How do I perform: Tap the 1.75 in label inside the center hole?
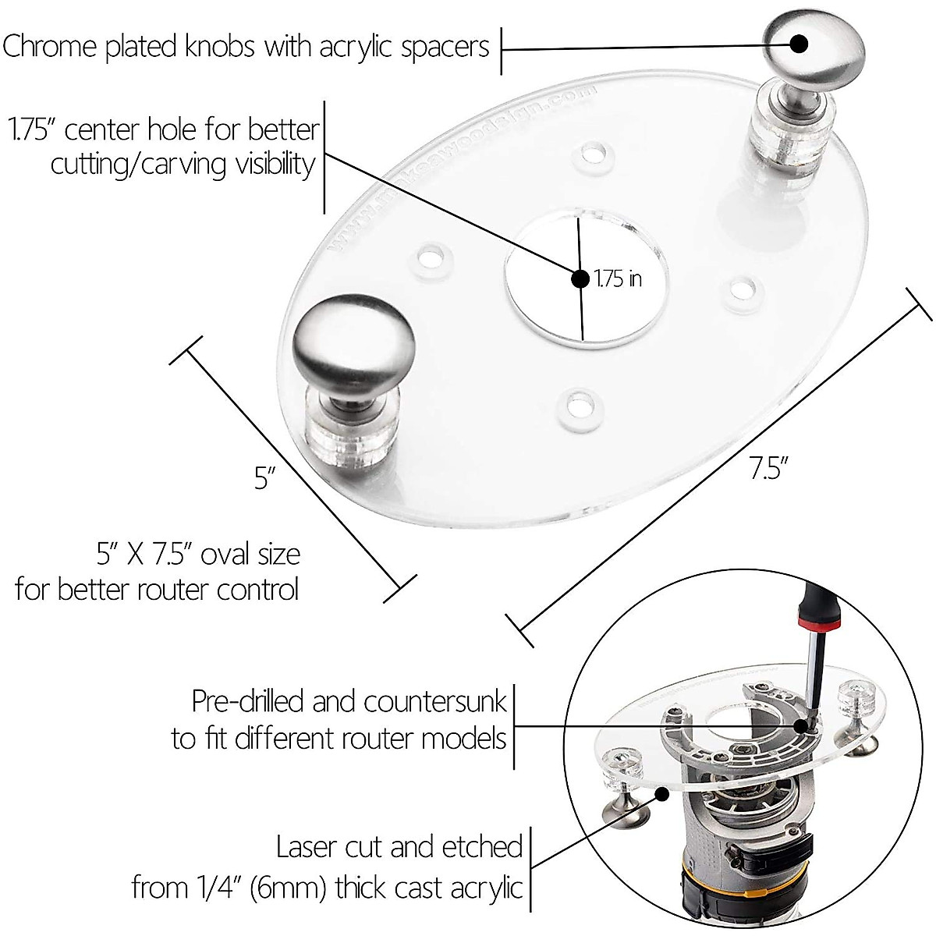click(618, 278)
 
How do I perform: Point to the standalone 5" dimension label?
click(266, 478)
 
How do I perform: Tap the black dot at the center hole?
click(580, 278)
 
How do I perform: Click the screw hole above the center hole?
click(597, 154)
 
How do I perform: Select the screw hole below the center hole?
click(578, 405)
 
